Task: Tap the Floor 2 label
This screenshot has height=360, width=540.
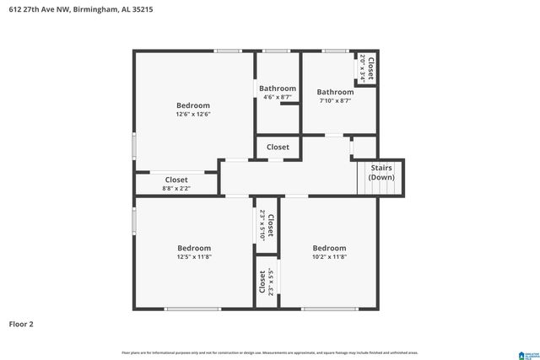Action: [21, 324]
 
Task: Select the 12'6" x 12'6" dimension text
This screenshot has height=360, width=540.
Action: [193, 114]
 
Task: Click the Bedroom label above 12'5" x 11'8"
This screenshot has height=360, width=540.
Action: [194, 248]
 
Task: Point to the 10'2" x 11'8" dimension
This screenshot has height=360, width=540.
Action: [329, 257]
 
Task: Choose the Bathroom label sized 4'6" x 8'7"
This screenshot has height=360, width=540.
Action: [278, 89]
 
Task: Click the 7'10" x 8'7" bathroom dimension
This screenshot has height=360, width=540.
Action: [335, 101]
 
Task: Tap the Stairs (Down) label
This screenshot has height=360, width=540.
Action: [381, 173]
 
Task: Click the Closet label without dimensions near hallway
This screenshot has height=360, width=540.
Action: [278, 147]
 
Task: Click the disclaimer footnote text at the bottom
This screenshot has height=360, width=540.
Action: [269, 352]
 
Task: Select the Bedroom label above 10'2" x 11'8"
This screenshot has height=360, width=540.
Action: [329, 248]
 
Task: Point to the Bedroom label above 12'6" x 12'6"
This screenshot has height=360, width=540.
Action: [193, 105]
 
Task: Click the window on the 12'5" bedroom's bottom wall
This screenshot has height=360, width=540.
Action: [193, 309]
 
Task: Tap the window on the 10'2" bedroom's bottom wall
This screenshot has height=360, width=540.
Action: [329, 309]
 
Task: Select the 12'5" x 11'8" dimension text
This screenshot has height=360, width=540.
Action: [194, 257]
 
